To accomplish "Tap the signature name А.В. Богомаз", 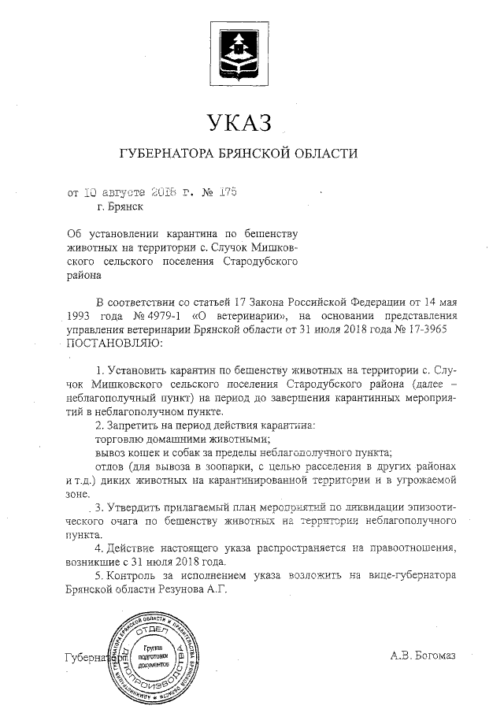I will click(423, 655).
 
